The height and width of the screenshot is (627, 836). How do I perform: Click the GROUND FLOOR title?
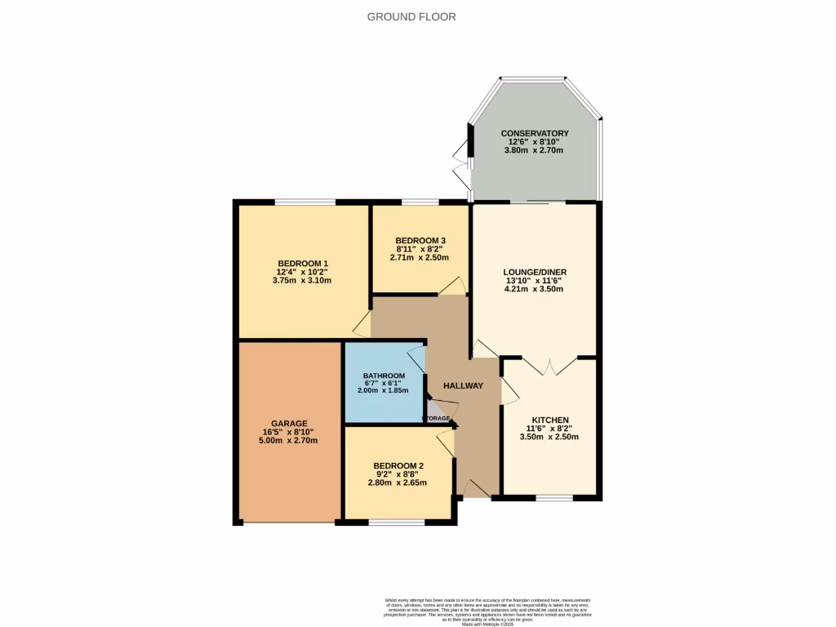click(x=411, y=16)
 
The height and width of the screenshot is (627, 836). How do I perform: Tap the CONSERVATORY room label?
click(x=535, y=133)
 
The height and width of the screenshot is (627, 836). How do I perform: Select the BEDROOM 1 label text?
click(x=302, y=263)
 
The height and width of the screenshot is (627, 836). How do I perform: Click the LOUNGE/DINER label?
click(x=536, y=272)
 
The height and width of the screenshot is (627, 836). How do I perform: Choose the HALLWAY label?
click(x=463, y=386)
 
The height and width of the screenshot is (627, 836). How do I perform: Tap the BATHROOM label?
click(x=383, y=376)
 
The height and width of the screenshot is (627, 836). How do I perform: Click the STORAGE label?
click(x=436, y=418)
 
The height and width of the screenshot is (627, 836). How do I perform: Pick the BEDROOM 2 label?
click(x=396, y=466)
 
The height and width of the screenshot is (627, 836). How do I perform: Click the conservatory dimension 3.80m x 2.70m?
click(x=535, y=150)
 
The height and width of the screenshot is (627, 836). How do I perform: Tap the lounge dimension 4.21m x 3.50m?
click(x=536, y=289)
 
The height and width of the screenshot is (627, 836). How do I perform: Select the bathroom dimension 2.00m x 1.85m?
click(x=383, y=390)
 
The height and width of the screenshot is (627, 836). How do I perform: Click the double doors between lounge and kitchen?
click(x=550, y=365)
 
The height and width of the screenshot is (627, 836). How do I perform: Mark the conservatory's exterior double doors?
click(x=468, y=163)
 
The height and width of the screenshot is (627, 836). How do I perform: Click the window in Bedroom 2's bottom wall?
click(x=385, y=521)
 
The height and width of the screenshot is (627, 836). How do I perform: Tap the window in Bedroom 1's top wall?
click(x=305, y=202)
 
